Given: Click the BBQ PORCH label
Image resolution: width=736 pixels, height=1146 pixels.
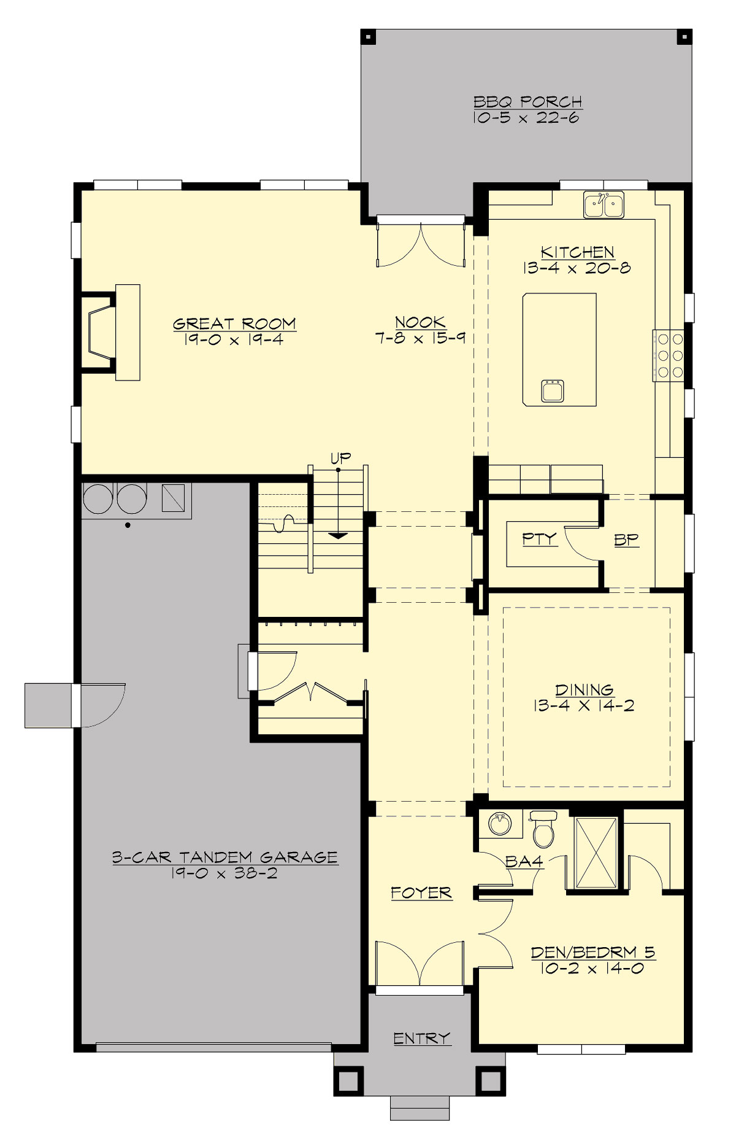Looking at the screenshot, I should (x=527, y=102).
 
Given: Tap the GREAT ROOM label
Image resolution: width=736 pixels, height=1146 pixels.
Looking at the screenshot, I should (x=234, y=323).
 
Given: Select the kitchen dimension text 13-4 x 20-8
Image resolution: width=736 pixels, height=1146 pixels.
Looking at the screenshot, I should (x=577, y=268).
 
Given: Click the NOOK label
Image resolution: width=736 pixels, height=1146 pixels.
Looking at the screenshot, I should (x=420, y=322).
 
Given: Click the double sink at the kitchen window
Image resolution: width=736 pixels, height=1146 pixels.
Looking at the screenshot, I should (x=604, y=204).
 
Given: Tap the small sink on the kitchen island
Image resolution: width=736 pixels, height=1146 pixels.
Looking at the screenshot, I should (x=553, y=390).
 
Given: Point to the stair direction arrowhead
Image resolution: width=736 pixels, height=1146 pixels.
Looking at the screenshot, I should (x=338, y=536).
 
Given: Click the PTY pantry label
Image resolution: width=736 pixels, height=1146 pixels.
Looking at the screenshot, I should (x=539, y=539).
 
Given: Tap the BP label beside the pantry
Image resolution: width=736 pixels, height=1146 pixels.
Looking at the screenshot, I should (x=626, y=540).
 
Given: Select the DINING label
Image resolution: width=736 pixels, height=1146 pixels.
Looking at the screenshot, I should (x=584, y=690).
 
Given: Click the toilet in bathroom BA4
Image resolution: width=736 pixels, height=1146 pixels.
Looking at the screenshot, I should (x=543, y=830).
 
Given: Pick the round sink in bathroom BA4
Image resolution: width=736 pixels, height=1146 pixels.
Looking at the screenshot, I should (x=500, y=823).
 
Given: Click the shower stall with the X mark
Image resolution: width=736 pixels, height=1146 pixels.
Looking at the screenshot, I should (x=596, y=853).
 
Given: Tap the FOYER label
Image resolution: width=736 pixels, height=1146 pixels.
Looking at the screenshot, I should (x=421, y=892).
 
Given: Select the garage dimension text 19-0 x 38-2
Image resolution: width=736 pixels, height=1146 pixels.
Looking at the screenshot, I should (x=224, y=873).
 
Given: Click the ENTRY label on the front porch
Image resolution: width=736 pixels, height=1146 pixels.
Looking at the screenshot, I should (x=422, y=1038).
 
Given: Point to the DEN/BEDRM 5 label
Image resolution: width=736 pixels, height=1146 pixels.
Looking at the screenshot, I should (x=593, y=952).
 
